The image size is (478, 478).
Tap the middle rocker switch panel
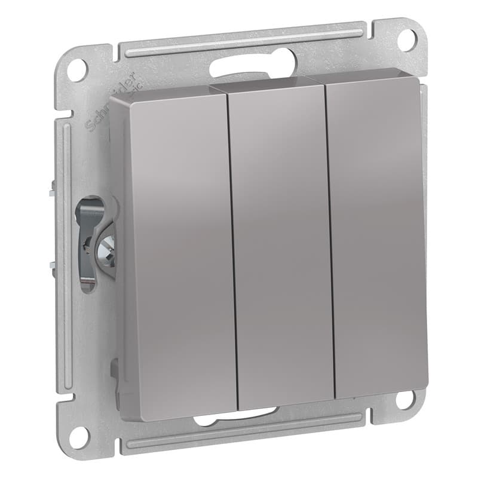coord(281,245)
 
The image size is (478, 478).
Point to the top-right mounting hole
coord(406,39)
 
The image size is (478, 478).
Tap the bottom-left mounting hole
coord(78,436)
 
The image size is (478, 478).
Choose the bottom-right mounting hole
coord(406,399)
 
